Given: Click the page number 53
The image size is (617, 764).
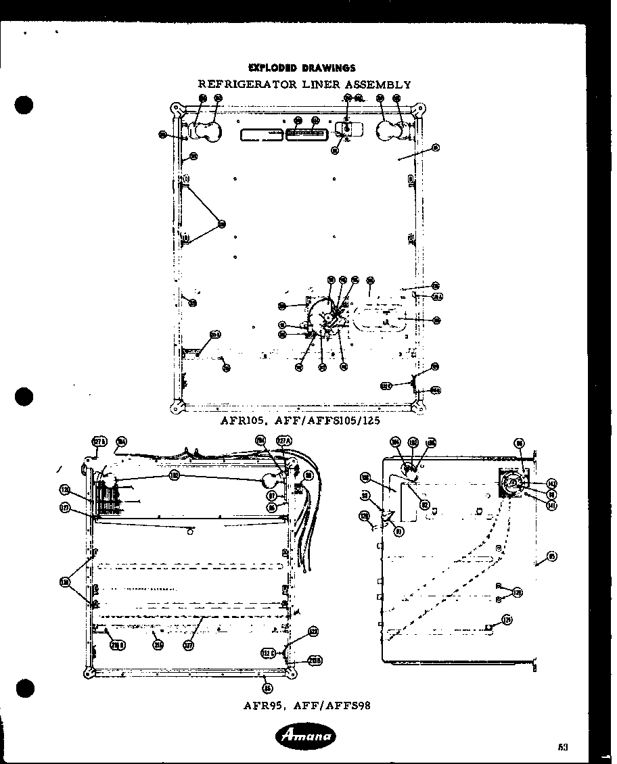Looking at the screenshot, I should tap(562, 746).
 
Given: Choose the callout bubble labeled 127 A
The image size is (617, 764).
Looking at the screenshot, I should tap(284, 441).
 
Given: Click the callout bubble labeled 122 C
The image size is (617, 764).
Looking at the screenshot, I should tap(268, 652).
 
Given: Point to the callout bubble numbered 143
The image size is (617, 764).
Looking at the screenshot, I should tap(551, 483).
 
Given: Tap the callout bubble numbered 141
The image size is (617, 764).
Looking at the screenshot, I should tap(551, 505).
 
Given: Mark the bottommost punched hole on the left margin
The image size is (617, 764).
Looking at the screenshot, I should tap(25, 689).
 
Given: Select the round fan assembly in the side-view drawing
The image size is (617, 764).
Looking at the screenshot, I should tap(512, 482).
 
